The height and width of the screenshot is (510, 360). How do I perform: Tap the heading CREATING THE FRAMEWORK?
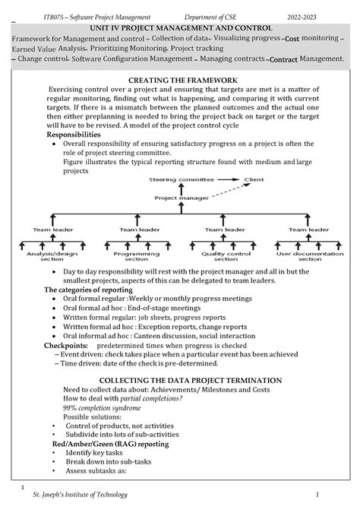183,80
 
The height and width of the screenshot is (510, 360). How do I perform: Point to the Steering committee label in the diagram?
175,179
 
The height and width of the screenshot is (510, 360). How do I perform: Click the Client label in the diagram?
254,179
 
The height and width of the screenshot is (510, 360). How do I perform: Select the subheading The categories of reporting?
88,290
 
